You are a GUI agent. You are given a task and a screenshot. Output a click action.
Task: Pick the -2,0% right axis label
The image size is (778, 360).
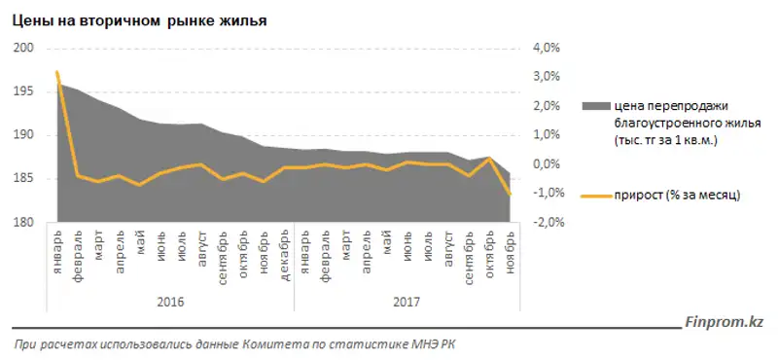pos(546,223)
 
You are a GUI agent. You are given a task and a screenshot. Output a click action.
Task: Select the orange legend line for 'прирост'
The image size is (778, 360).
pos(592,195)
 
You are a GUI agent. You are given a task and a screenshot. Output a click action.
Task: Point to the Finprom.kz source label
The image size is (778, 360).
pos(725,320)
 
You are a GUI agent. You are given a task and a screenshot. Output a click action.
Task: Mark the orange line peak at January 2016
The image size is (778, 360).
pos(57,72)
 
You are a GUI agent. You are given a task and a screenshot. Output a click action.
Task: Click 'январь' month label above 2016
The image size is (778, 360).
pos(58,249)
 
